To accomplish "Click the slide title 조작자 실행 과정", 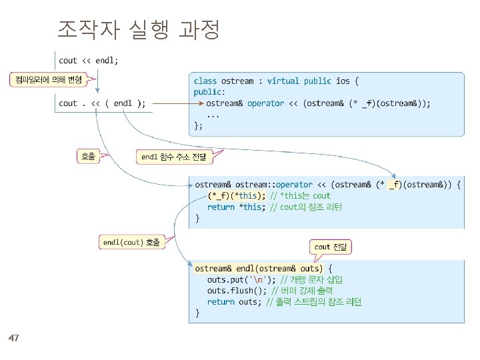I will coord(139,30).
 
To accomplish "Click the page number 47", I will coord(14,339).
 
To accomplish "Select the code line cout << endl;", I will coord(89,61).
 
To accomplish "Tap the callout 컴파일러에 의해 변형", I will coord(46,80).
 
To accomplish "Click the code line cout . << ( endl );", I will coord(102,103).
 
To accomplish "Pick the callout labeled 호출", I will coord(87,157).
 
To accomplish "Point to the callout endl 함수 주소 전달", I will coord(173,157).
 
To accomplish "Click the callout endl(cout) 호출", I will coord(131,243).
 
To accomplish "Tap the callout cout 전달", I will coord(331,247).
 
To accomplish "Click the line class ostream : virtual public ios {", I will coord(276,81).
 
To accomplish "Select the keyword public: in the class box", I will coord(209,92).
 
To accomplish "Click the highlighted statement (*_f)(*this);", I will coord(236,195).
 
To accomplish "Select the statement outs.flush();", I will coord(237,291).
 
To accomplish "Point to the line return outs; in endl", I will coord(233,302).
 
